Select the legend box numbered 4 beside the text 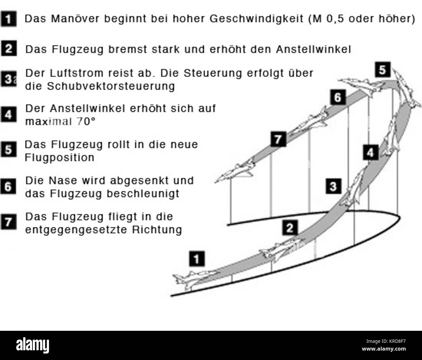[8, 115]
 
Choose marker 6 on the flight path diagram [338, 97]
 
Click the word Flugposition [60, 158]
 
